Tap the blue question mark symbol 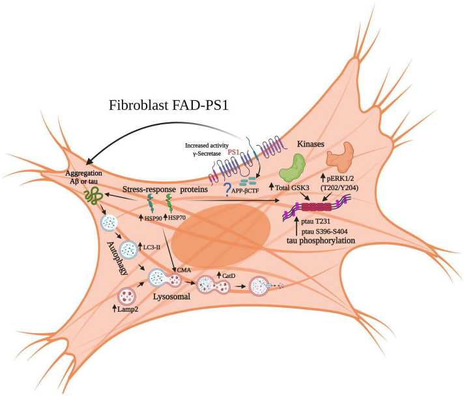pyautogui.click(x=227, y=189)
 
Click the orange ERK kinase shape pyautogui.click(x=343, y=162)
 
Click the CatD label pyautogui.click(x=229, y=275)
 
